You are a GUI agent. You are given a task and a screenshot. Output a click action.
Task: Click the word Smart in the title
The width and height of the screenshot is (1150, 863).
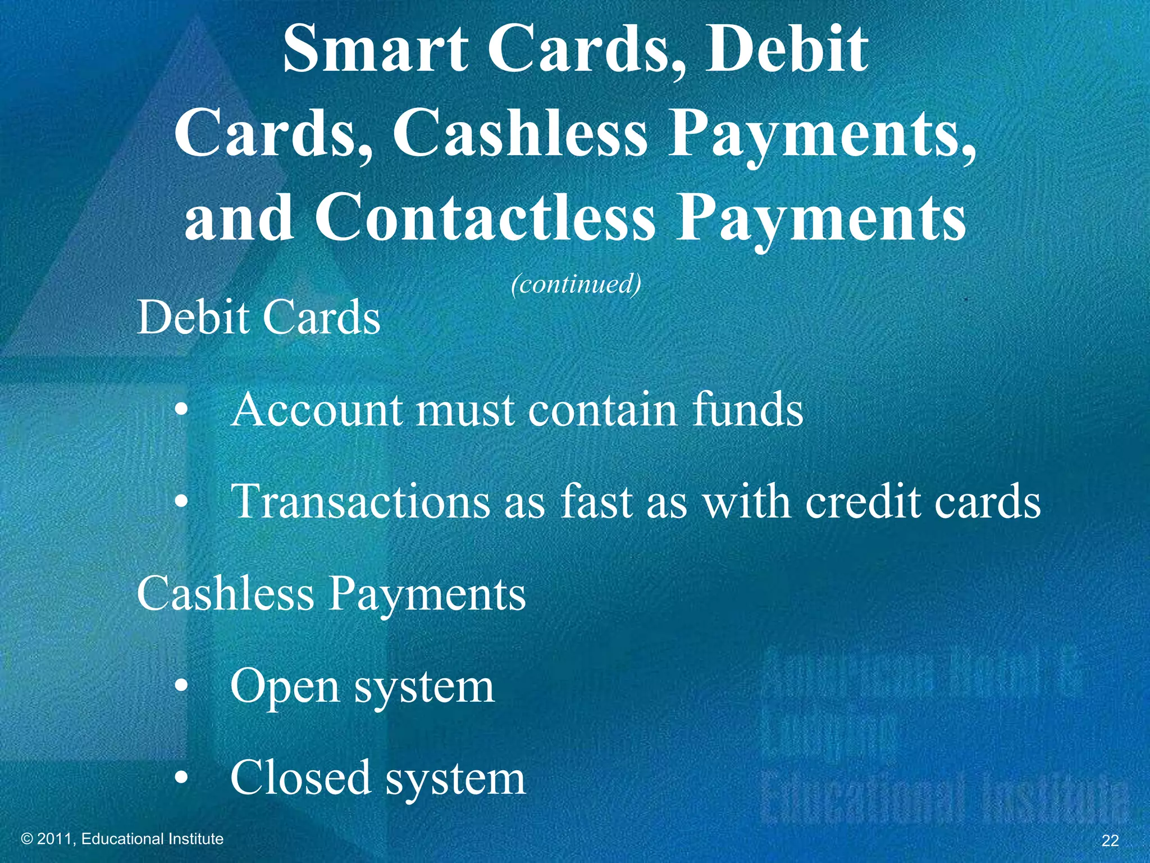[x=376, y=49]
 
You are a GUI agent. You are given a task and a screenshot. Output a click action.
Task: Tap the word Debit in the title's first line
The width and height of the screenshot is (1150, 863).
[x=787, y=49]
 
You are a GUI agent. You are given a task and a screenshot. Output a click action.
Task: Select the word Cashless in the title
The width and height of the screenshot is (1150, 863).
[x=519, y=134]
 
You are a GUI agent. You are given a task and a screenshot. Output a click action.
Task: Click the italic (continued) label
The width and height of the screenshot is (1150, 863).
[x=576, y=284]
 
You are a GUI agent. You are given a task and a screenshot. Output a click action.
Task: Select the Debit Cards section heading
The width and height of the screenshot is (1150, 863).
[x=258, y=317]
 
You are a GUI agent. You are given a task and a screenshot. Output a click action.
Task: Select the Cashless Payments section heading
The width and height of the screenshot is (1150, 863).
[x=331, y=594]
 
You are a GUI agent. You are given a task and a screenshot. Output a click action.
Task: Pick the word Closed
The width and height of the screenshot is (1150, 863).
[x=300, y=778]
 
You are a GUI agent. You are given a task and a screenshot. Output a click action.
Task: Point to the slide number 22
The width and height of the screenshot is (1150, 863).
[x=1110, y=841]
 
